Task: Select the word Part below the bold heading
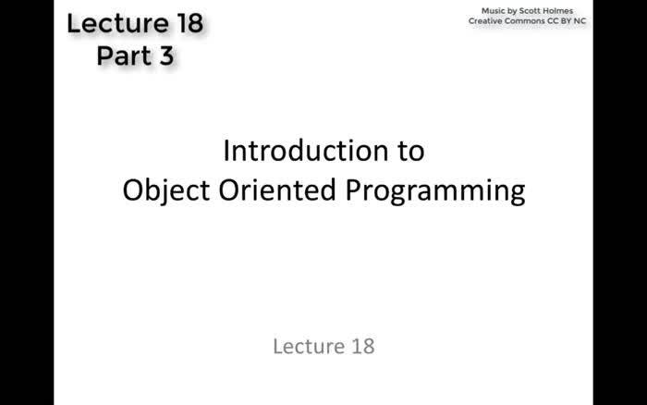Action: point(122,55)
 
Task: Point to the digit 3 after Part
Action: point(165,55)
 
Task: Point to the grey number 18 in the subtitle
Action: point(362,347)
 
